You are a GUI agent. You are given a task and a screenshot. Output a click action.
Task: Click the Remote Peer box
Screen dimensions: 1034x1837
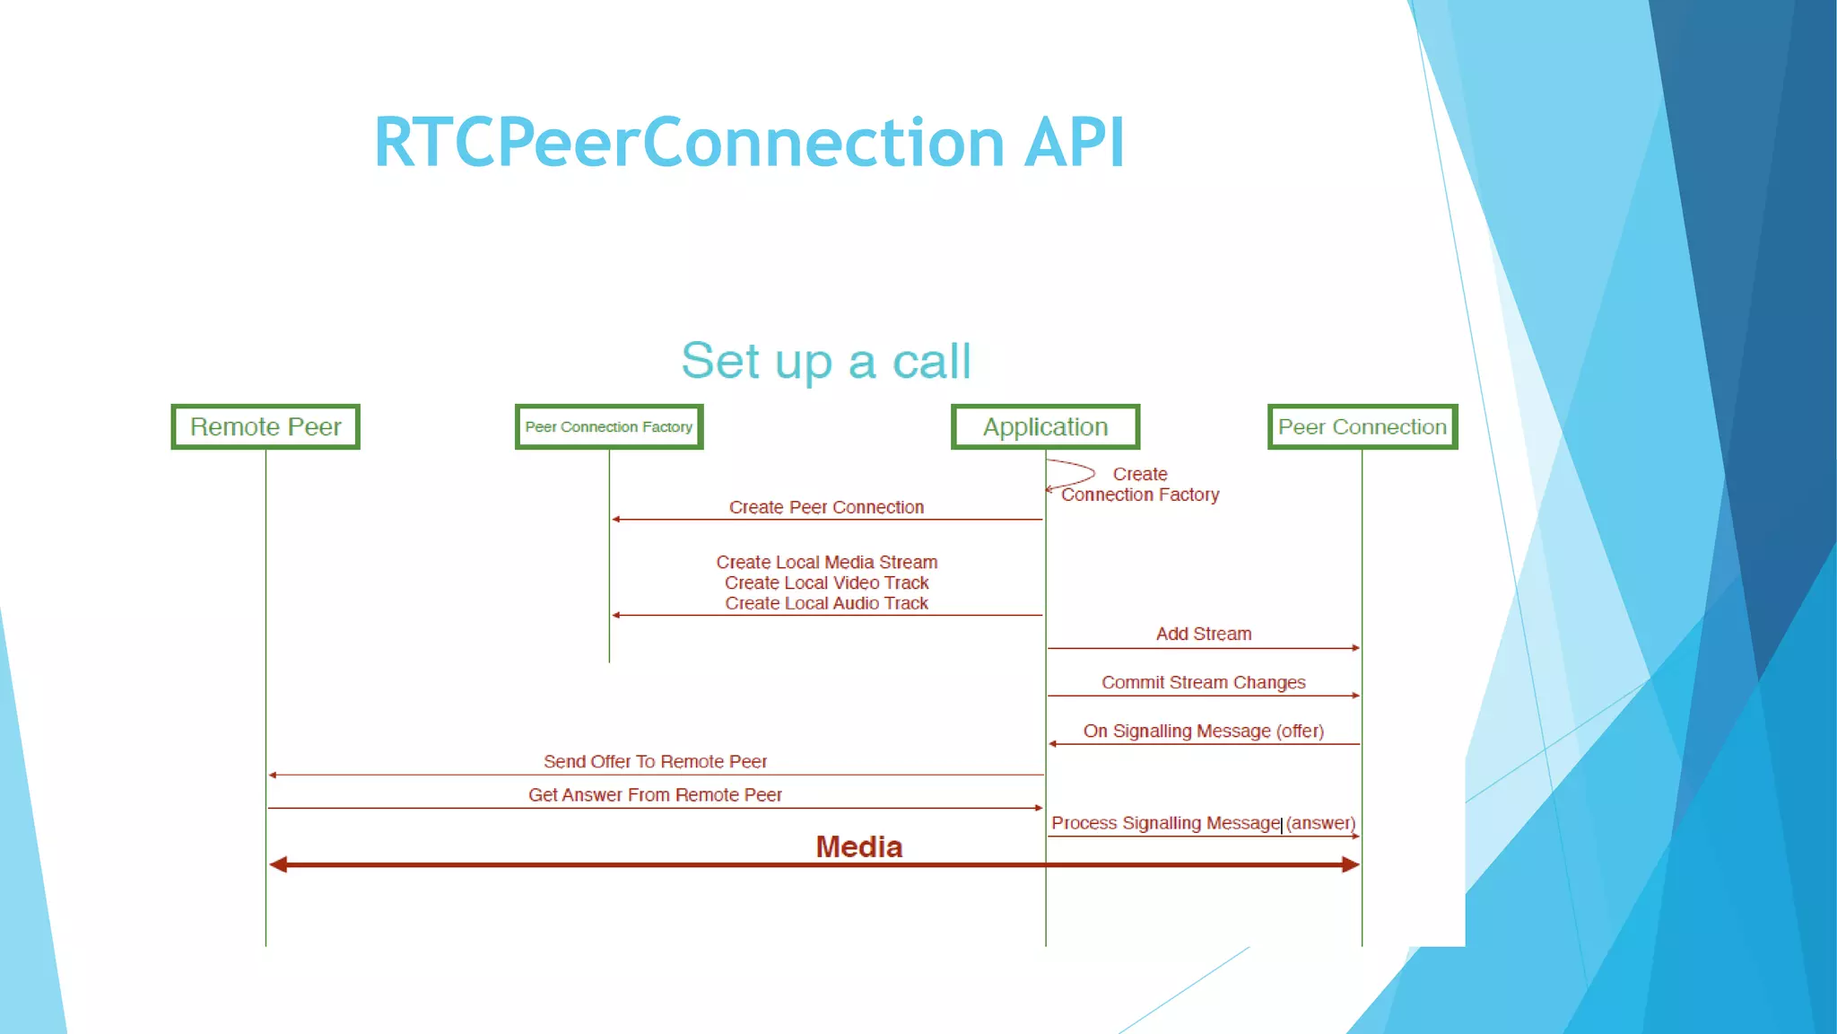[x=266, y=427]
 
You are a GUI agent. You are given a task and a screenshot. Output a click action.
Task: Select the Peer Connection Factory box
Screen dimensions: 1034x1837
[x=609, y=427]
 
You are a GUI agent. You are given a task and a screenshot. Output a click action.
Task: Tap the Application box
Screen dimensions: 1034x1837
[x=1045, y=427]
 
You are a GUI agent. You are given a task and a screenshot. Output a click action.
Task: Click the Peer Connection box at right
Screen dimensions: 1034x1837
[x=1362, y=427]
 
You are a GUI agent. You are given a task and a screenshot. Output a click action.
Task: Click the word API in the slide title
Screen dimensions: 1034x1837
[x=1074, y=143]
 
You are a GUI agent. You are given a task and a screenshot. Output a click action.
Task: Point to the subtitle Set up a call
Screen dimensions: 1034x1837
[x=825, y=361]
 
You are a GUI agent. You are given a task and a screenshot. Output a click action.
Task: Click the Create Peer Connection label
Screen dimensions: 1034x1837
[x=826, y=507]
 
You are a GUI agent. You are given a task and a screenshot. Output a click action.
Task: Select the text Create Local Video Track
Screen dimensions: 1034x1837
[x=826, y=583]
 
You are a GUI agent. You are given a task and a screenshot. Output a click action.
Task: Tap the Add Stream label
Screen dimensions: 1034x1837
[x=1203, y=634]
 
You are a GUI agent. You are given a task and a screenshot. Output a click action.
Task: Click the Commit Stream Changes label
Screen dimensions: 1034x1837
[x=1203, y=682]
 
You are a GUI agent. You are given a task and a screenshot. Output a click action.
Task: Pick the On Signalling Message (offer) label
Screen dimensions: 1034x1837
[x=1203, y=731]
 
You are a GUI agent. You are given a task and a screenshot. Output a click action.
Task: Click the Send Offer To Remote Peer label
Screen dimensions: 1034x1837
[x=655, y=761]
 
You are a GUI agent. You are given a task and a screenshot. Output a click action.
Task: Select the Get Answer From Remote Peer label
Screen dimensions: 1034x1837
[x=655, y=794]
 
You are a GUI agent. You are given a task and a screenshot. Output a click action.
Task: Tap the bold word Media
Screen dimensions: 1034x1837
[x=858, y=846]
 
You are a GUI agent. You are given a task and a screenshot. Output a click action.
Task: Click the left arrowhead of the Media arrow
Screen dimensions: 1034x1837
[x=278, y=864]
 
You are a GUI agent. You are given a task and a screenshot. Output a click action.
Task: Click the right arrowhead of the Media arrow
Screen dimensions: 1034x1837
[x=1351, y=864]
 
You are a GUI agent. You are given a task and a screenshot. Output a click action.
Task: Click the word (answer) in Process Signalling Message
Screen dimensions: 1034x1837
[x=1320, y=823]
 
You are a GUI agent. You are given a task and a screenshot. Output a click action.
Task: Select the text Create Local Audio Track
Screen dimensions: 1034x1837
[x=826, y=603]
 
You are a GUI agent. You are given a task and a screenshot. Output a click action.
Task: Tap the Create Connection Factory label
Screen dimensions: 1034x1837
[x=1140, y=485]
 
